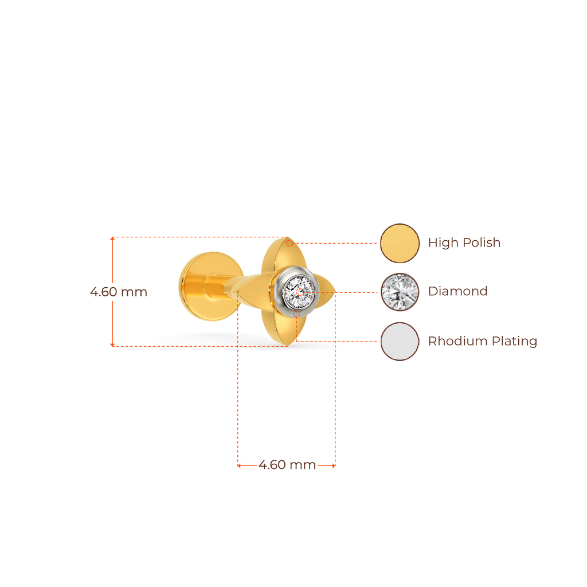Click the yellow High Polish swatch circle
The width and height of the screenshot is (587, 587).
(400, 243)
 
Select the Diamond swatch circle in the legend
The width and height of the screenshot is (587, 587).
(400, 292)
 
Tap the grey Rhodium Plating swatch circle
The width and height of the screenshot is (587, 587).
(400, 342)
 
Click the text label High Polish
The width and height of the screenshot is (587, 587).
(464, 242)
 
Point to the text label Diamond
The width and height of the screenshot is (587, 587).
(458, 291)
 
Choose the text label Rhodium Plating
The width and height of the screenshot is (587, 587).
(483, 341)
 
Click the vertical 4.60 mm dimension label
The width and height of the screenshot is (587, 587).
(119, 292)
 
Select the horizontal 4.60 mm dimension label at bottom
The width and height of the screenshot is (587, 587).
(287, 465)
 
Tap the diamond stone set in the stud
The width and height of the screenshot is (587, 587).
(298, 292)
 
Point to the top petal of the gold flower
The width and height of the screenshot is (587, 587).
(284, 254)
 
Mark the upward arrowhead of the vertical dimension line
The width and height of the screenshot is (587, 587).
(112, 238)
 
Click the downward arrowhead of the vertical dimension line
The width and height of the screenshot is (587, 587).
(112, 345)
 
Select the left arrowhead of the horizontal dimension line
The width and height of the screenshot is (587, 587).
(239, 465)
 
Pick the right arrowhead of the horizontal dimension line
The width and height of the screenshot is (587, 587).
(334, 465)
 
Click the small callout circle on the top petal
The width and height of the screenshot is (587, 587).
(289, 243)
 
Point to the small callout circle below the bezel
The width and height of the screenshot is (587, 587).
(296, 315)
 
